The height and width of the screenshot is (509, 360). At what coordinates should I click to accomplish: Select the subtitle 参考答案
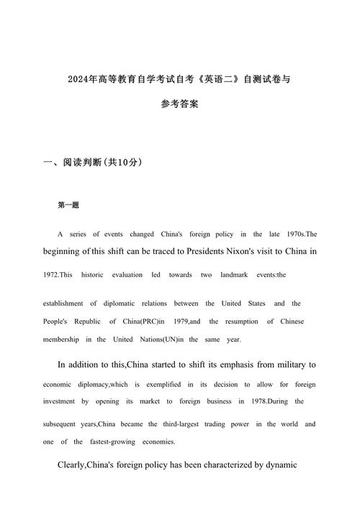pyautogui.click(x=180, y=104)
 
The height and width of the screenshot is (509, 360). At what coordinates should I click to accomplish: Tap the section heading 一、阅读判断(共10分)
pyautogui.click(x=93, y=163)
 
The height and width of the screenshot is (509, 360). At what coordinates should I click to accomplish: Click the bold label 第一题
pyautogui.click(x=68, y=205)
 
